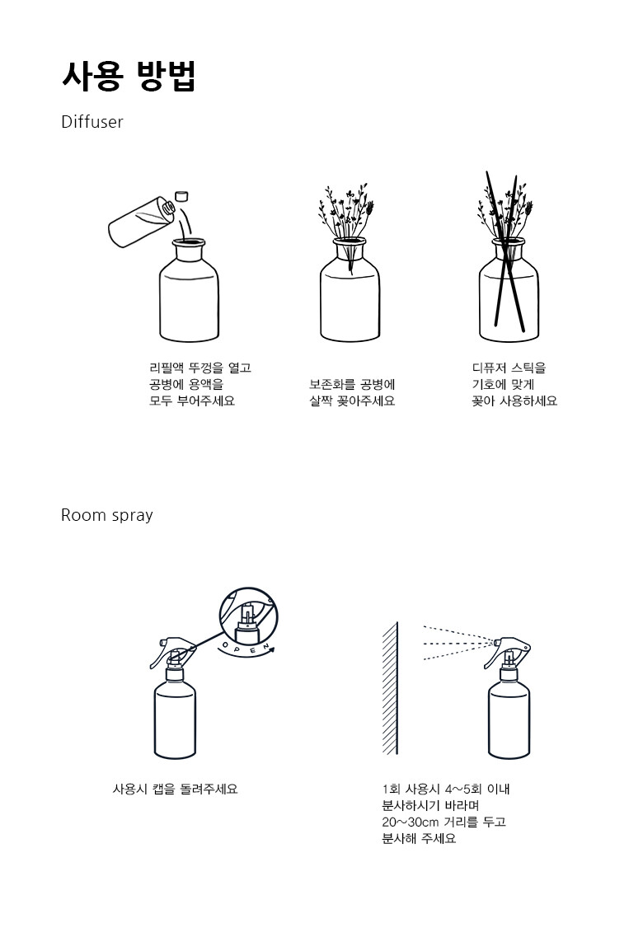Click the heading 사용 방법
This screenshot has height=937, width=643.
pyautogui.click(x=129, y=76)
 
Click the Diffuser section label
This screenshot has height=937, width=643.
pyautogui.click(x=92, y=122)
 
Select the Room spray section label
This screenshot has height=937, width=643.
pyautogui.click(x=107, y=515)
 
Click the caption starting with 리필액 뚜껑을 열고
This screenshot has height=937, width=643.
pyautogui.click(x=199, y=384)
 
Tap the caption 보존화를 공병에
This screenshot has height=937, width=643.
pyautogui.click(x=352, y=384)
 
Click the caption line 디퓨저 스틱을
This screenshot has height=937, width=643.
pyautogui.click(x=509, y=368)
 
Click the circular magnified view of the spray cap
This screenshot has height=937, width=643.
pyautogui.click(x=249, y=616)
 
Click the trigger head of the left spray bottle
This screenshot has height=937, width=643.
pyautogui.click(x=172, y=650)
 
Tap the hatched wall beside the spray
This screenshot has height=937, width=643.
pyautogui.click(x=390, y=688)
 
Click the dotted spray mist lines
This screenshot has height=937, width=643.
pyautogui.click(x=458, y=643)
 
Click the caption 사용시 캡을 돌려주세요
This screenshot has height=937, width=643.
pyautogui.click(x=175, y=789)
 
